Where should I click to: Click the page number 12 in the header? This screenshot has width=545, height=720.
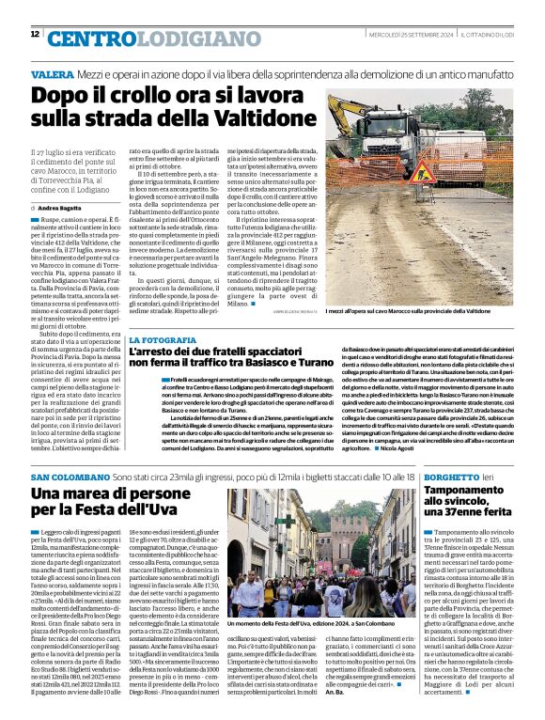[x=35, y=35]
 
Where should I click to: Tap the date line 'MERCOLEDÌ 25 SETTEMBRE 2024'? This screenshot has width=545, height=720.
[x=422, y=36]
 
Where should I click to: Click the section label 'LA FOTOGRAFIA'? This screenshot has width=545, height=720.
[x=163, y=338]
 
